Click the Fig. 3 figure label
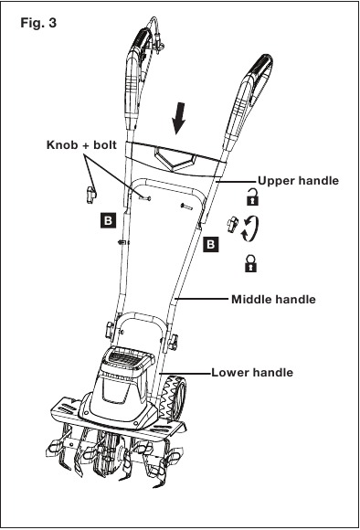(38, 23)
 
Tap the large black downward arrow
(178, 119)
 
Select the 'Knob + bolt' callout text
(81, 145)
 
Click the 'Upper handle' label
(298, 181)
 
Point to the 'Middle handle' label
(273, 299)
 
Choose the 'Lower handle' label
(252, 373)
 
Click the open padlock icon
(252, 197)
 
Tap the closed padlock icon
(250, 264)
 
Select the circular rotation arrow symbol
(250, 228)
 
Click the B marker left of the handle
(108, 220)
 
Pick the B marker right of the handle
(210, 244)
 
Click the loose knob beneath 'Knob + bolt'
(90, 195)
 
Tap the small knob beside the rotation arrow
(233, 225)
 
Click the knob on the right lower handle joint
(173, 342)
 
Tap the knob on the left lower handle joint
(110, 330)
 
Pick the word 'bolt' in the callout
(105, 145)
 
